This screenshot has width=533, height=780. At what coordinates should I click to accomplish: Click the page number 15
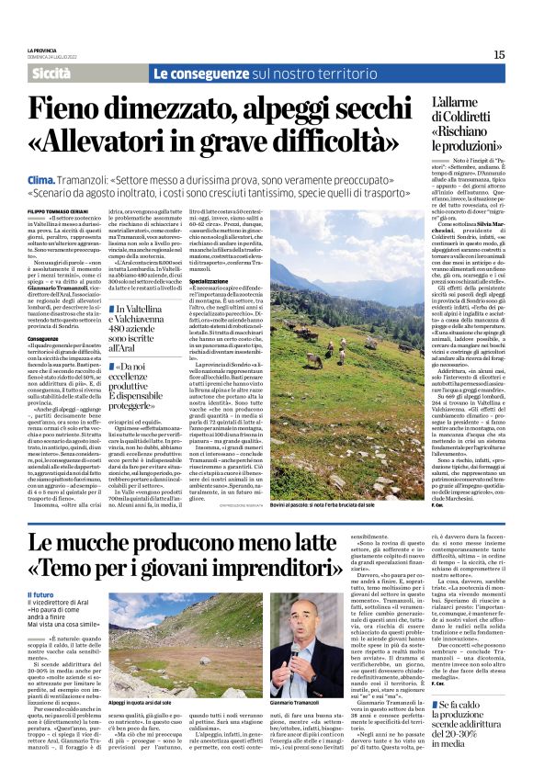pyautogui.click(x=499, y=54)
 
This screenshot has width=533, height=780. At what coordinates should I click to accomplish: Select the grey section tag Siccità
pyautogui.click(x=53, y=73)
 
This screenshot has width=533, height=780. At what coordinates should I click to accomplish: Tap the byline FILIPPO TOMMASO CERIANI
pyautogui.click(x=61, y=212)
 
